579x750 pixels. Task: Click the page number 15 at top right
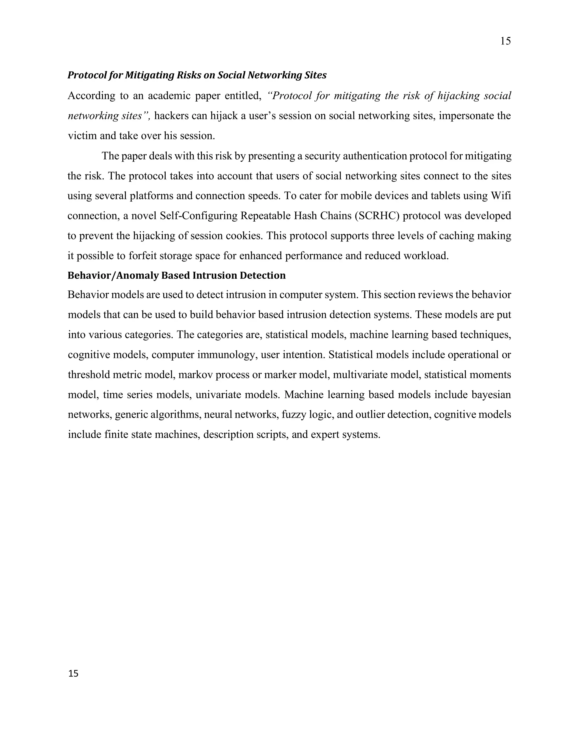505,41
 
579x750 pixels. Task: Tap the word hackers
172,116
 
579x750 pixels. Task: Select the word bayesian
491,395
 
